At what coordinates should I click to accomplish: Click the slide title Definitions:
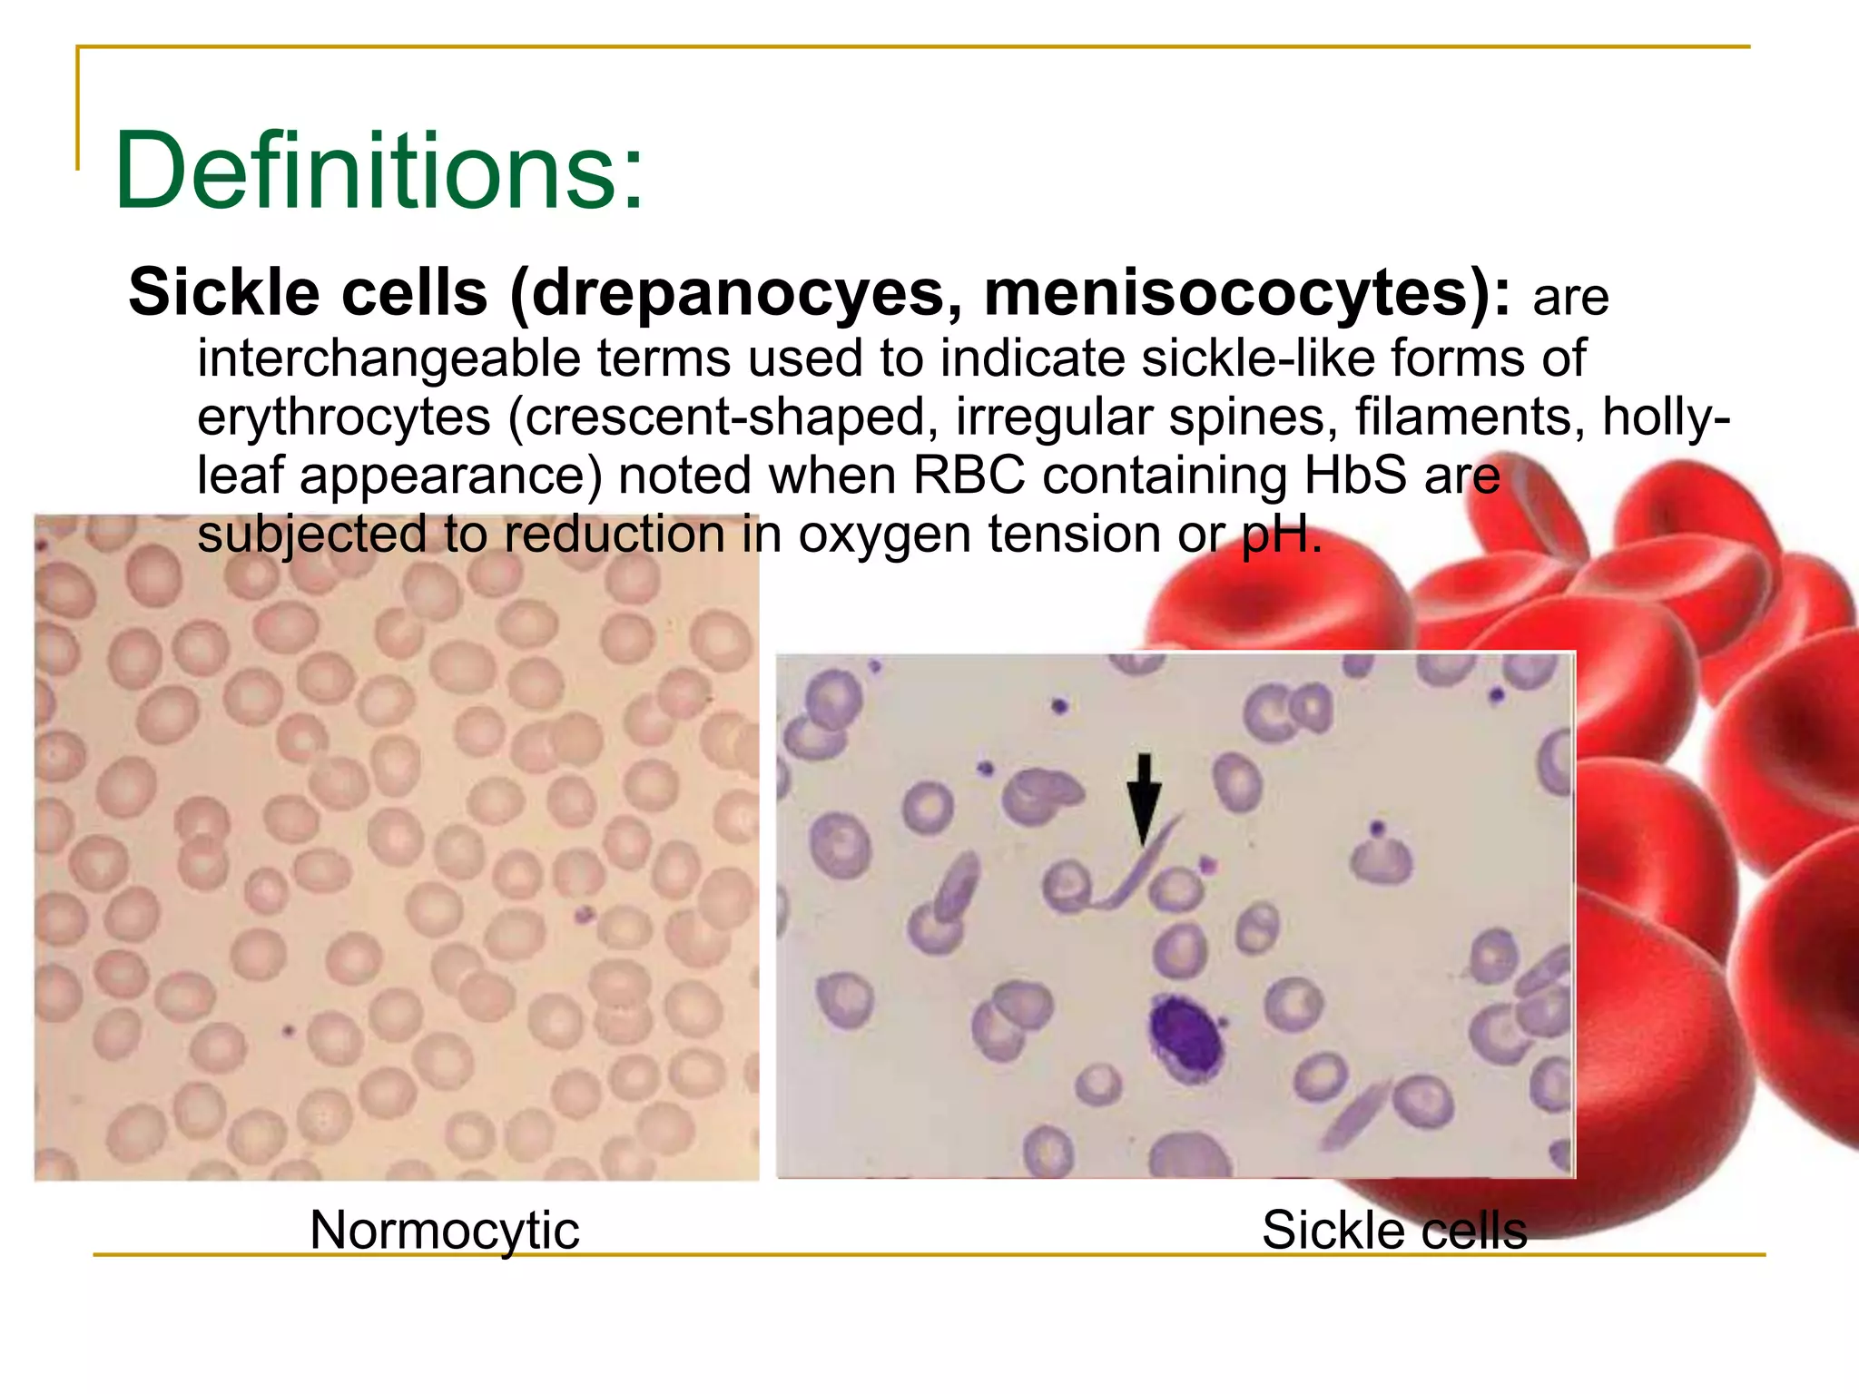[x=379, y=171]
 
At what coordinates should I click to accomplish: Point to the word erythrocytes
[x=344, y=417]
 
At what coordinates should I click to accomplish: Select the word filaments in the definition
[x=1470, y=417]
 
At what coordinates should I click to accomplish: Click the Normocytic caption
[x=444, y=1231]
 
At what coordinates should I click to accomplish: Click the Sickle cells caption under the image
[x=1394, y=1231]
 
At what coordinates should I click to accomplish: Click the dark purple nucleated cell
[x=1185, y=1039]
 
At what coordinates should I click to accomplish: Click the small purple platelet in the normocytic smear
[x=583, y=914]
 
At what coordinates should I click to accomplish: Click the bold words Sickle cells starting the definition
[x=308, y=294]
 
